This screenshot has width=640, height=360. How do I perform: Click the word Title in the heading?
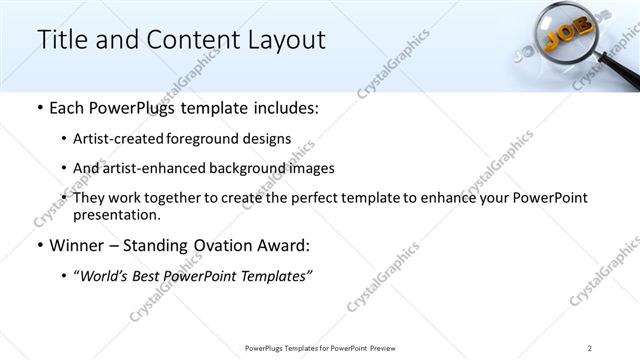[x=62, y=40]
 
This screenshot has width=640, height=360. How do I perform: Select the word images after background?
[x=309, y=168]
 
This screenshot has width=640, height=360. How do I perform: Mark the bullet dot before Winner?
[x=39, y=246]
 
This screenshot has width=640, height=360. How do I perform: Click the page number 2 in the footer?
[x=590, y=347]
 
